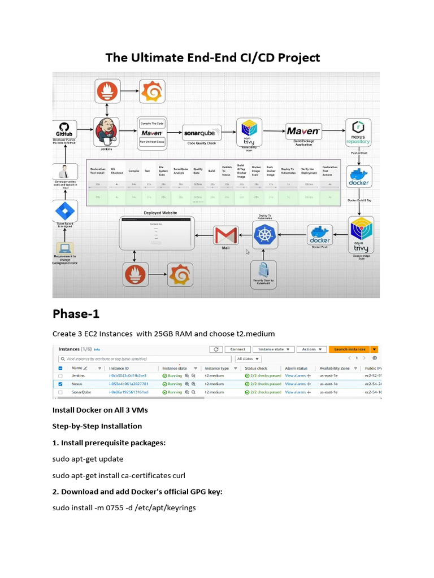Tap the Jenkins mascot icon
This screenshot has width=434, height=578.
click(105, 131)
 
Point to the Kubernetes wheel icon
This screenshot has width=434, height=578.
click(264, 235)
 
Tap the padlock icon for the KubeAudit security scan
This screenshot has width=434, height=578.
click(263, 270)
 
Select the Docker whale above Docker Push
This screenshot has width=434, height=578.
click(320, 234)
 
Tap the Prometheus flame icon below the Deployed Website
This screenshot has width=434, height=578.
click(135, 275)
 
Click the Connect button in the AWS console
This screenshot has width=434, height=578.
click(237, 349)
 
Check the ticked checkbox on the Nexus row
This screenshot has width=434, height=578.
click(60, 384)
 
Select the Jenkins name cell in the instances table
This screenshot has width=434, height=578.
click(78, 375)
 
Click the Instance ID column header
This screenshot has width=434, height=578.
click(120, 368)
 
